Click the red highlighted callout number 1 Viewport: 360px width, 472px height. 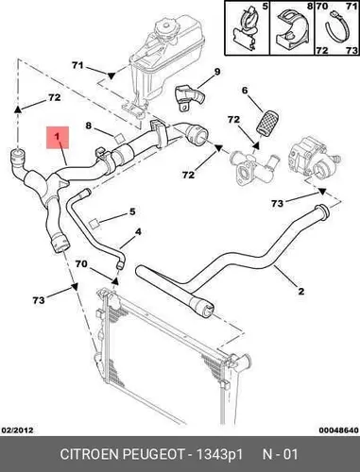pos(57,137)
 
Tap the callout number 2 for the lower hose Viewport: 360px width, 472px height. pos(301,291)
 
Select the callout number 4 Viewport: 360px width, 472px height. pos(138,232)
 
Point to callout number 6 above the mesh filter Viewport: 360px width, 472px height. pos(245,91)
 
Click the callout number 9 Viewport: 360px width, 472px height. pos(217,72)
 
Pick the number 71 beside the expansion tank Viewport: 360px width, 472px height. pos(77,65)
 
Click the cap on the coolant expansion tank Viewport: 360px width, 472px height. pos(164,25)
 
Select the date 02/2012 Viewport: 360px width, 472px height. pos(18,430)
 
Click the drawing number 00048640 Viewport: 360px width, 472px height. pos(338,430)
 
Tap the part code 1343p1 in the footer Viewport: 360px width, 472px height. pos(219,455)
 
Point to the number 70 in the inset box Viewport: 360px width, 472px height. pos(322,6)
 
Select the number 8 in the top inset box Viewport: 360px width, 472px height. pos(309,6)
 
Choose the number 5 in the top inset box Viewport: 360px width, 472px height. pos(265,6)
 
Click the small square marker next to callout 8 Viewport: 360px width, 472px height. pos(119,138)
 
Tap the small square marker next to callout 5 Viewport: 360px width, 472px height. pos(94,223)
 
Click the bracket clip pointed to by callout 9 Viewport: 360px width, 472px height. pos(189,96)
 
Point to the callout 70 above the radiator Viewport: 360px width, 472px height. pos(81,263)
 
